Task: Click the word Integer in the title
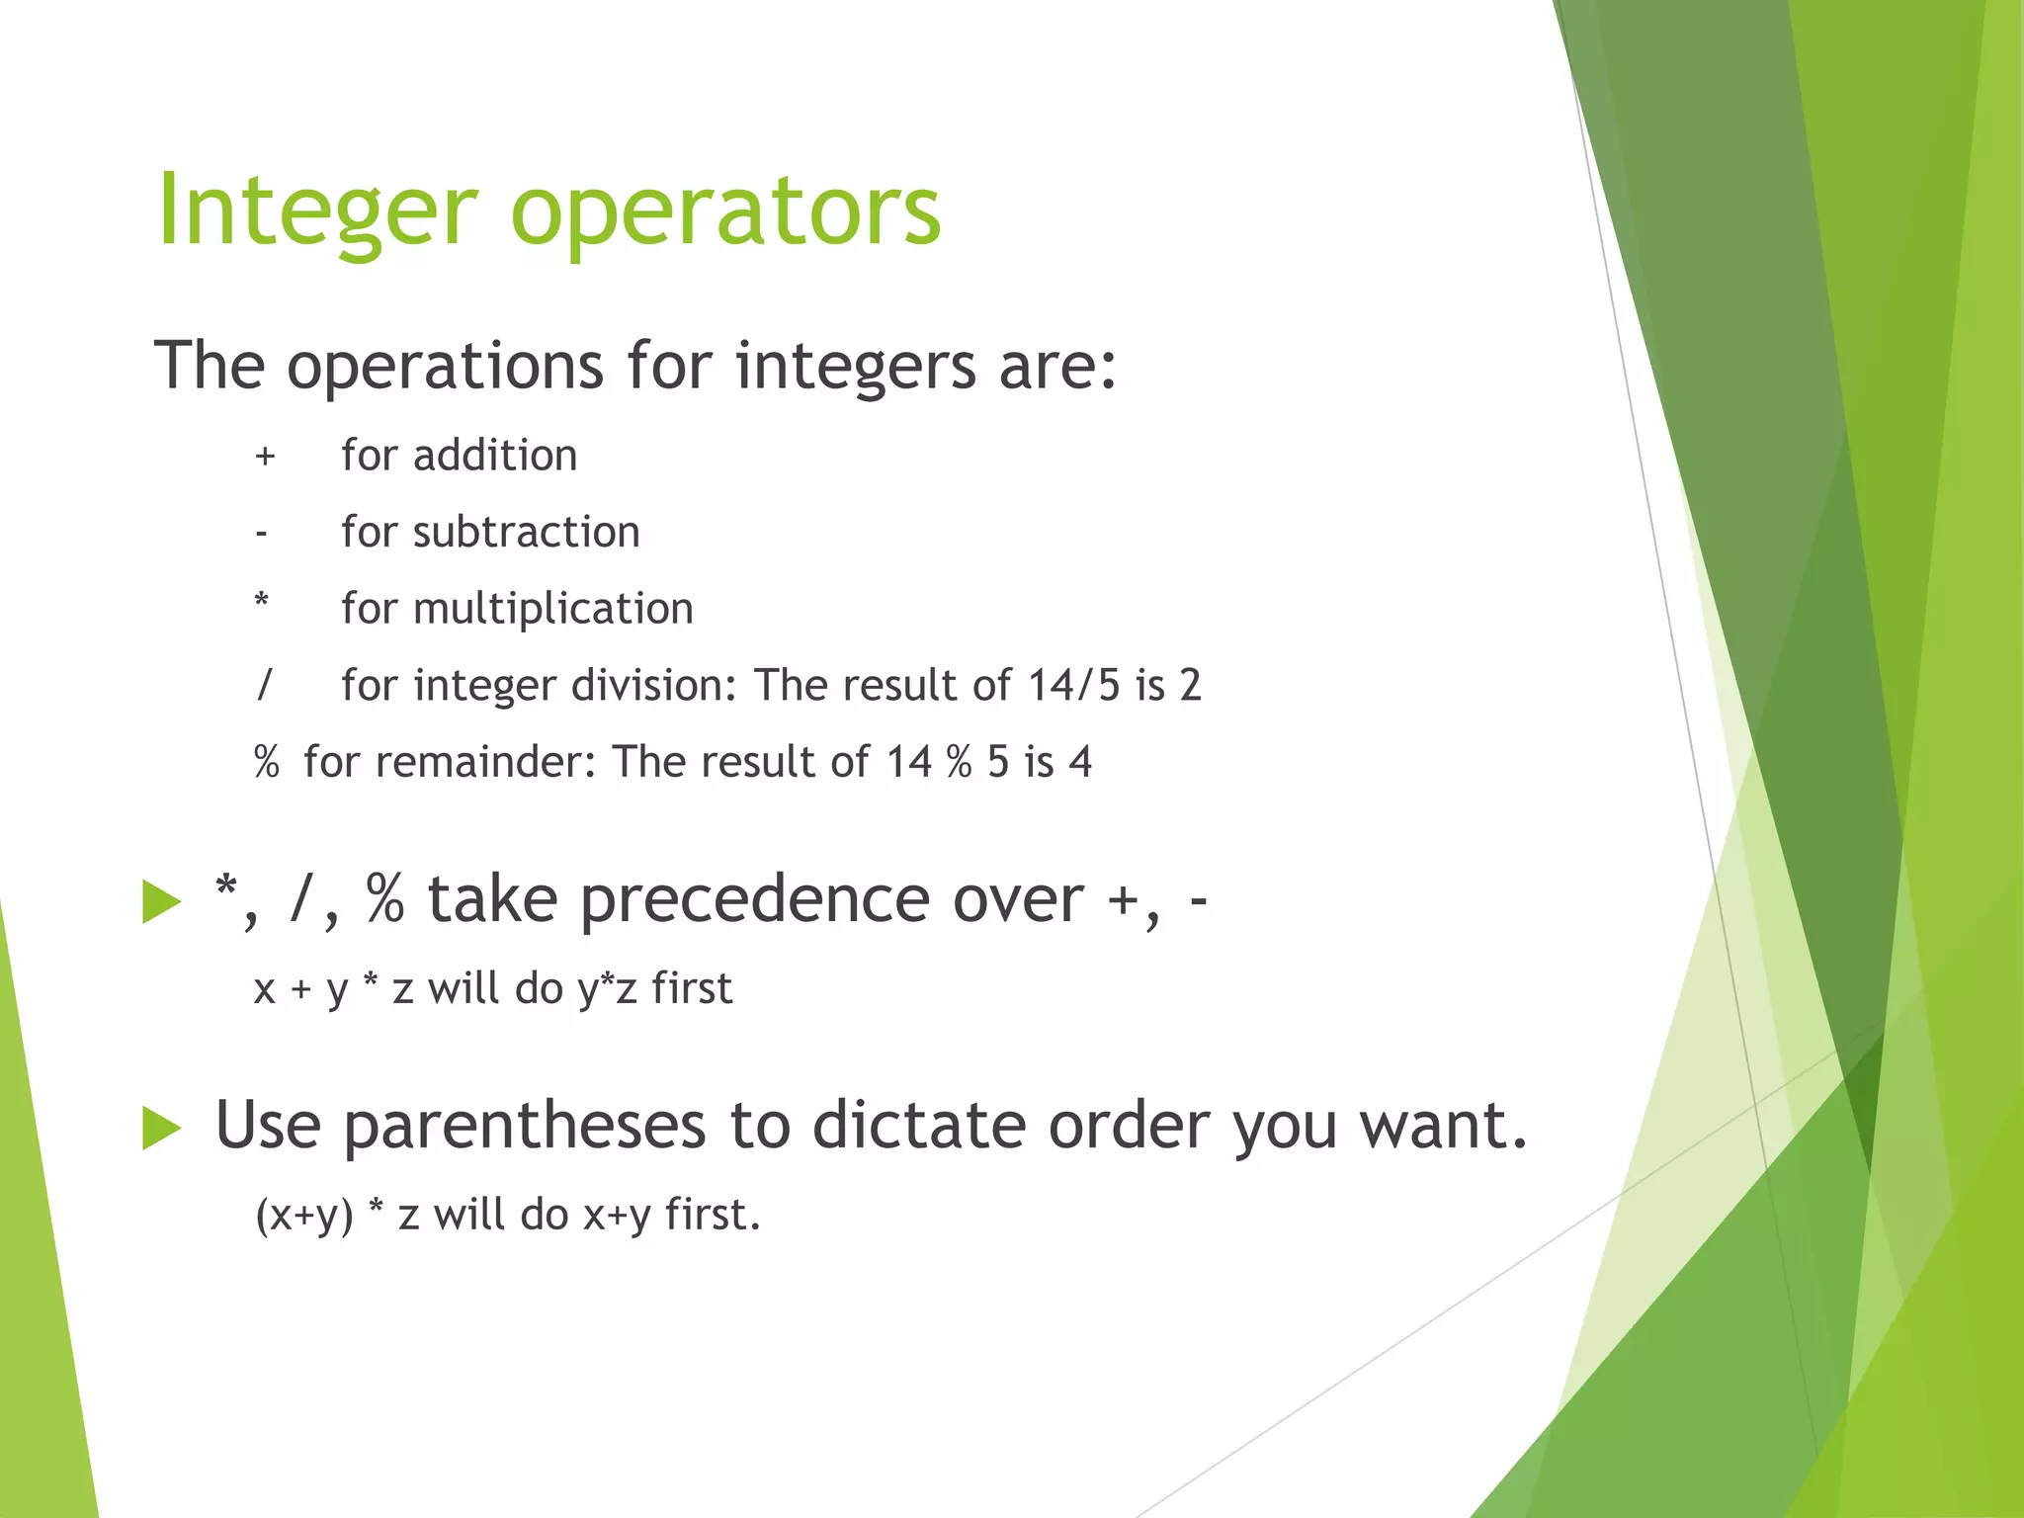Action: [316, 210]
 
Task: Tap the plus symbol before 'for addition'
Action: [264, 457]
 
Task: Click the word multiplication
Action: [552, 609]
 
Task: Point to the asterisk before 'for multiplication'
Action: [262, 601]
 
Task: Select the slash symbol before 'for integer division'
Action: [264, 684]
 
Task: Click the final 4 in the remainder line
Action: [1080, 762]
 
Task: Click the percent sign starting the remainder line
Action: [267, 762]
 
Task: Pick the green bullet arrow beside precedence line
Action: [161, 900]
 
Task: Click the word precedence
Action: [754, 900]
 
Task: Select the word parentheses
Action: [525, 1127]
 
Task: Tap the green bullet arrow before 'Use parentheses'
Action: [161, 1128]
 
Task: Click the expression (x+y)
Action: [303, 1215]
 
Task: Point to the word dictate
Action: [918, 1127]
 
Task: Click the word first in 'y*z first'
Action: [691, 988]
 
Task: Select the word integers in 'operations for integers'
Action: [855, 366]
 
